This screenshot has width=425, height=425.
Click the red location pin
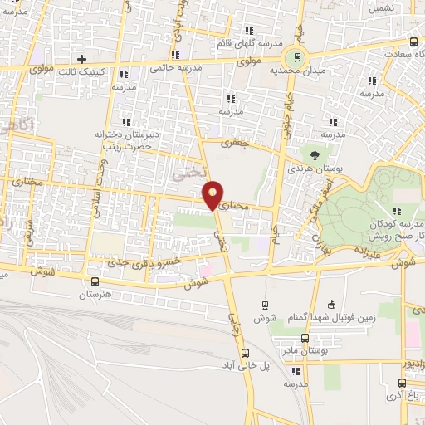coord(213,195)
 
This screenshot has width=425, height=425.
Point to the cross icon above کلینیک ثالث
coord(81,59)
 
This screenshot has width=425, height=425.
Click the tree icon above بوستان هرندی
coord(314,154)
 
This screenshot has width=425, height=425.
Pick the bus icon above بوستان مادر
coord(305,338)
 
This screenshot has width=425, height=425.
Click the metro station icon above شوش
coord(265,305)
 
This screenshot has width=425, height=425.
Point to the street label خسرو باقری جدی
coord(145,262)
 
